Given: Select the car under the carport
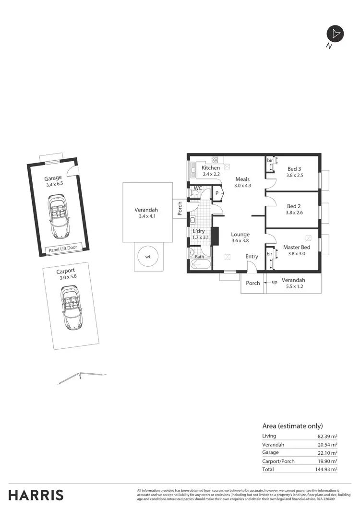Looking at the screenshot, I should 70,307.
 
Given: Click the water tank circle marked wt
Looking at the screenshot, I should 148,257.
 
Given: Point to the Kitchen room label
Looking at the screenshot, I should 211,168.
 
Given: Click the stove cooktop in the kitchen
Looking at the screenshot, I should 215,160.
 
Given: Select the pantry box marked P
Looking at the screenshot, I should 217,193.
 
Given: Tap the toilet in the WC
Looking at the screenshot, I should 195,193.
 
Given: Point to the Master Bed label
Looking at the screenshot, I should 297,247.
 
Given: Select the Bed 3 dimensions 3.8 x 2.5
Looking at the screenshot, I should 294,175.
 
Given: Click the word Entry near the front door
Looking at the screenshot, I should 252,257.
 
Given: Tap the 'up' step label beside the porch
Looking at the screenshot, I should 275,283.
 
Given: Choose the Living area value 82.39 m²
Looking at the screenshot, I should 326,436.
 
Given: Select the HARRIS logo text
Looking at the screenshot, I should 36,495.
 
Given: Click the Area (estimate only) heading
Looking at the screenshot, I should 292,426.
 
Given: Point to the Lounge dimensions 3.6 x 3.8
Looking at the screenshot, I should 240,241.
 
